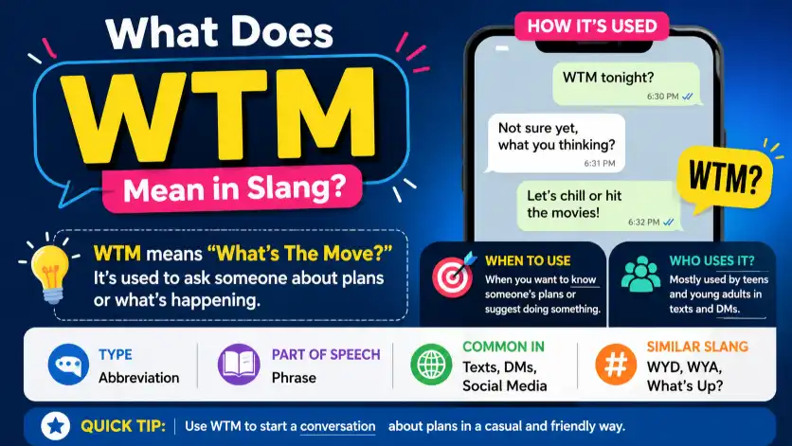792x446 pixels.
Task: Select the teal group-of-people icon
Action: [x=640, y=275]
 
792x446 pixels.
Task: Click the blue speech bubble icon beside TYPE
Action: [x=69, y=365]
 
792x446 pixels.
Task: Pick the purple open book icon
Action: [x=239, y=365]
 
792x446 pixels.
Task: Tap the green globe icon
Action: [x=431, y=365]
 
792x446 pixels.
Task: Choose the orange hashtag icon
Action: [x=616, y=365]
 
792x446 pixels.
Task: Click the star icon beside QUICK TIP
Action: [x=56, y=426]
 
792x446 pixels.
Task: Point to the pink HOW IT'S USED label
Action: [x=592, y=26]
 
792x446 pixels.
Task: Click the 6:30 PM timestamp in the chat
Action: [x=663, y=97]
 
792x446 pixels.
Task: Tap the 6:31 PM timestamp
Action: [x=600, y=163]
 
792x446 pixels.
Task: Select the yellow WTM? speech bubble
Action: [x=726, y=179]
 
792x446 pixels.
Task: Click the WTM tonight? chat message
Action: [x=627, y=84]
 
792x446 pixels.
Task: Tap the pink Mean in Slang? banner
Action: [x=232, y=188]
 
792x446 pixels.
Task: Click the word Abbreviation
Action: [x=139, y=378]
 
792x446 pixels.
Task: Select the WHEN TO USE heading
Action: [x=528, y=260]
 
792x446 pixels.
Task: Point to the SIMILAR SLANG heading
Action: [x=697, y=347]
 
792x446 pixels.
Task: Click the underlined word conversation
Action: [x=338, y=426]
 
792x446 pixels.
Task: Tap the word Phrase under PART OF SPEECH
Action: [x=294, y=378]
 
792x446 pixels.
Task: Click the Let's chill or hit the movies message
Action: [x=599, y=206]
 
